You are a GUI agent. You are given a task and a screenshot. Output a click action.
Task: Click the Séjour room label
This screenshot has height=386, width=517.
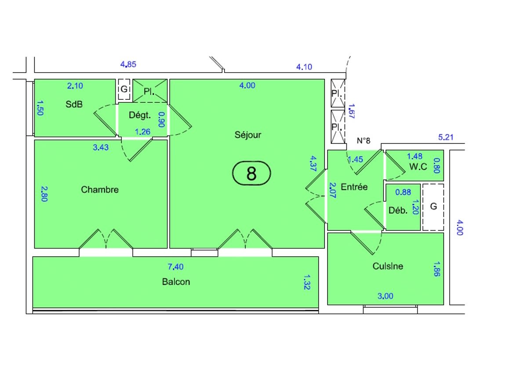pyautogui.click(x=248, y=135)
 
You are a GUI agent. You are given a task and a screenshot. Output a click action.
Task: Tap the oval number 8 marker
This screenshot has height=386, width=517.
pyautogui.click(x=251, y=173)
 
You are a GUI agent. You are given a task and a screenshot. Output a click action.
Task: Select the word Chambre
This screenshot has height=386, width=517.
pyautogui.click(x=100, y=190)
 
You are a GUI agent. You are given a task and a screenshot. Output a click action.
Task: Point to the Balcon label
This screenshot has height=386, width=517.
pyautogui.click(x=176, y=282)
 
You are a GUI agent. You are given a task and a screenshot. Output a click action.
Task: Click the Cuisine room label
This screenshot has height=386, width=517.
pyautogui.click(x=388, y=266)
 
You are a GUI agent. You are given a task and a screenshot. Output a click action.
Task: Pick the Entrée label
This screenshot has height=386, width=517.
pyautogui.click(x=354, y=187)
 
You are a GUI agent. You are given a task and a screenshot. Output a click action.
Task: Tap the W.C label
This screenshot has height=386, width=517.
pyautogui.click(x=418, y=167)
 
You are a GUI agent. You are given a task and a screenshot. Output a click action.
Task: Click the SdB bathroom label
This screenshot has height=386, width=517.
pyautogui.click(x=74, y=105)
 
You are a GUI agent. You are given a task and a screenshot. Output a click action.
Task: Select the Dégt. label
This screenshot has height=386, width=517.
pyautogui.click(x=140, y=116)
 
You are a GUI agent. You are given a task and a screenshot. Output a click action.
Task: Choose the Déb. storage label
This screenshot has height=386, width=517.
pyautogui.click(x=398, y=210)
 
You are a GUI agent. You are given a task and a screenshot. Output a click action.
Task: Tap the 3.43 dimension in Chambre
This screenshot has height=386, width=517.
pyautogui.click(x=101, y=148)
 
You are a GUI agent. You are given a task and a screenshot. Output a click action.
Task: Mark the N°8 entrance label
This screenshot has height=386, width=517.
pyautogui.click(x=364, y=141)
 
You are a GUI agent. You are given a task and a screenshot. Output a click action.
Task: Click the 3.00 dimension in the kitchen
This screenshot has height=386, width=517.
pyautogui.click(x=386, y=296)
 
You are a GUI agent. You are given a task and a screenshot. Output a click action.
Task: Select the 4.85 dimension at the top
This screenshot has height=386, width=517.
pyautogui.click(x=128, y=64)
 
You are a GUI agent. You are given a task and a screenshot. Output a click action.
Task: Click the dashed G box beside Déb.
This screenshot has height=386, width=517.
pyautogui.click(x=433, y=207)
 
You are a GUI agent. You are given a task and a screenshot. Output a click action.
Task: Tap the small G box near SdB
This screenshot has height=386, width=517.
pyautogui.click(x=124, y=89)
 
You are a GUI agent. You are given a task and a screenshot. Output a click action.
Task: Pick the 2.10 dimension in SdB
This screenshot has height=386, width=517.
pyautogui.click(x=75, y=86)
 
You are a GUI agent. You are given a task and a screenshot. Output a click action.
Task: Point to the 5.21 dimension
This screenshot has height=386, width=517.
pyautogui.click(x=446, y=137)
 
